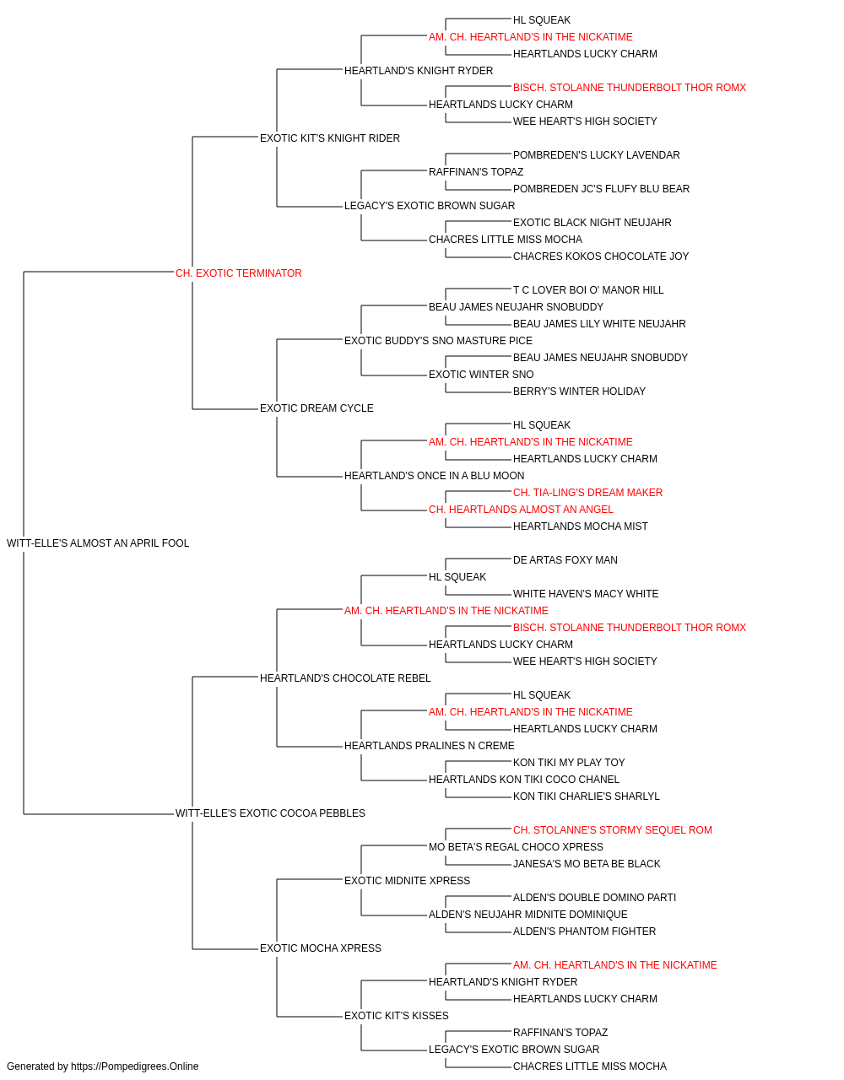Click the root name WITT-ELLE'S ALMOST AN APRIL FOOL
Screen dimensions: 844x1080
coord(98,543)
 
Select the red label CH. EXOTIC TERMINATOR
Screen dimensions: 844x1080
coord(239,273)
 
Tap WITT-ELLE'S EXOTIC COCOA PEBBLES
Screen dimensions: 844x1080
coord(270,813)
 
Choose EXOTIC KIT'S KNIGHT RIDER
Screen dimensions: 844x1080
coord(330,138)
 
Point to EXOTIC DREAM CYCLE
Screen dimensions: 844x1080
coord(316,408)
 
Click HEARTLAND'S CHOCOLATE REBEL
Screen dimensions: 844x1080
coord(345,678)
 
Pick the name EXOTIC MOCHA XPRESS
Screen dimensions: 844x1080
coord(321,948)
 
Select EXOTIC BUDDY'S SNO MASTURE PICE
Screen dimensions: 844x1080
coord(438,340)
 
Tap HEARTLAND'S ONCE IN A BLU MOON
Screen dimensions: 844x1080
coord(435,476)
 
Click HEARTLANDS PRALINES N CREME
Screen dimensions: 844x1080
coord(430,746)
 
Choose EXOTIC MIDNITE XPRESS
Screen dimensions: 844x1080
coord(407,881)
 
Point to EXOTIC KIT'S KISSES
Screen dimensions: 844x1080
coord(397,1015)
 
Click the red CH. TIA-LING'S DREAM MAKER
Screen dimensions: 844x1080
coord(588,493)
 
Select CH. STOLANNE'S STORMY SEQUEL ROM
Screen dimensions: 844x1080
coord(613,830)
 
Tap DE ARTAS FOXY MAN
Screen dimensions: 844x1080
coord(565,560)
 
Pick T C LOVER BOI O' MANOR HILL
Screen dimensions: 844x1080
coord(588,289)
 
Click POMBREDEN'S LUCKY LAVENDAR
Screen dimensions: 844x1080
coord(597,155)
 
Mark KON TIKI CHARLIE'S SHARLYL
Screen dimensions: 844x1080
coord(587,796)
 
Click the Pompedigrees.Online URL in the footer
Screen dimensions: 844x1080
coord(135,1066)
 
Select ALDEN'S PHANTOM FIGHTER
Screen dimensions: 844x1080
coord(585,931)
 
